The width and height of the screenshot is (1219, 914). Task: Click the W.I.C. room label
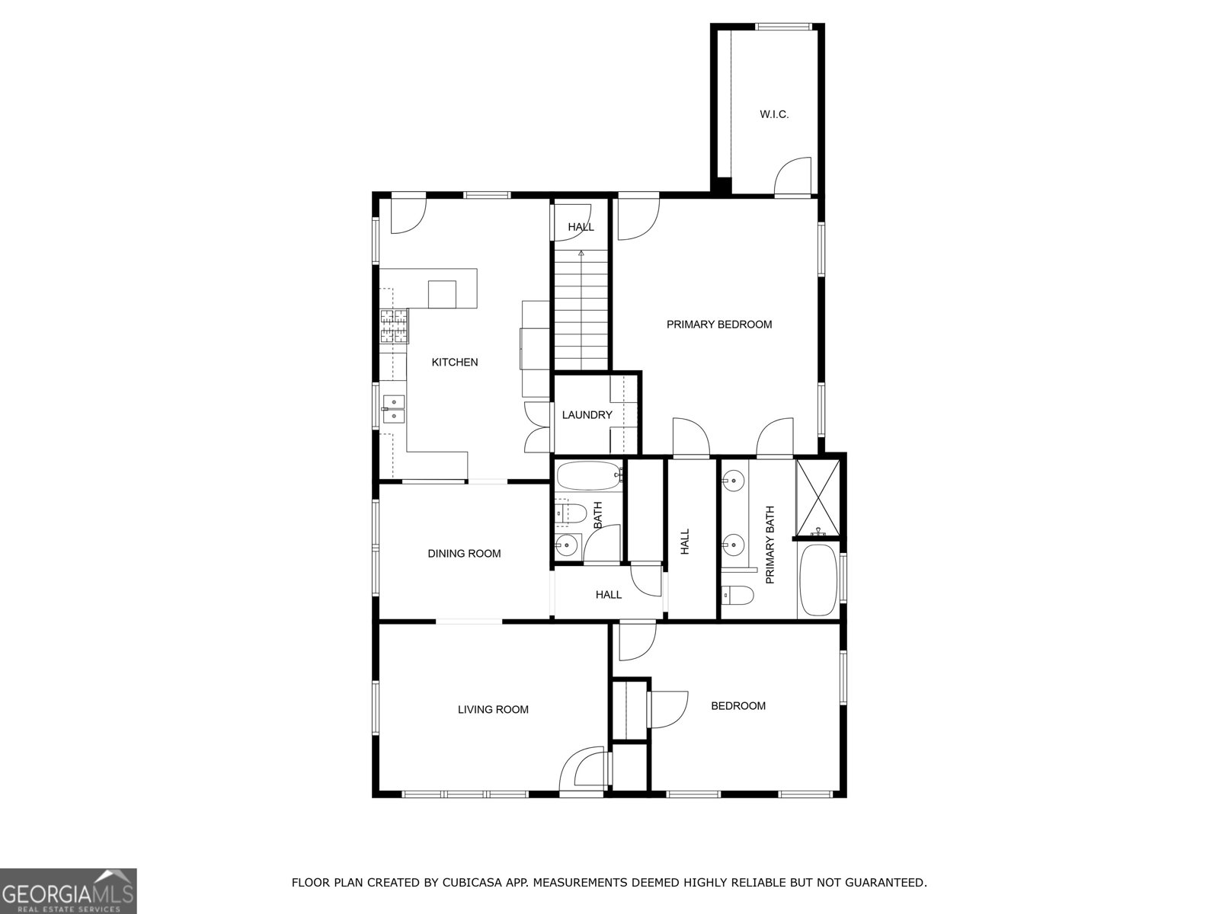[x=773, y=114]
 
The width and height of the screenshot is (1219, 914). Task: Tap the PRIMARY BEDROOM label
[x=718, y=324]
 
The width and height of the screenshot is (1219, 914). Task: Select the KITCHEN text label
[x=454, y=362]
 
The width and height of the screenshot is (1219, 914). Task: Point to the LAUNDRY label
[x=587, y=414]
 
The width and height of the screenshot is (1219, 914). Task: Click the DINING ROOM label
[x=464, y=553]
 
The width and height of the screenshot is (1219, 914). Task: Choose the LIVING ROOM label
[x=493, y=709]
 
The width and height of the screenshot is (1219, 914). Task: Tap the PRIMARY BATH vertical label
[x=769, y=545]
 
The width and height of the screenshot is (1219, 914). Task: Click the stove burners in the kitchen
[x=394, y=326]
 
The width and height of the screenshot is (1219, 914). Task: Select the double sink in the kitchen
[x=393, y=409]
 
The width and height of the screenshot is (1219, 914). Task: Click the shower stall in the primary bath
[x=818, y=498]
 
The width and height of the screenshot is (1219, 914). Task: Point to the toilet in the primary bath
[x=737, y=596]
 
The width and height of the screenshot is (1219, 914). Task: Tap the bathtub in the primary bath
[x=818, y=580]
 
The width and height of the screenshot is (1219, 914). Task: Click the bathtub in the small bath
[x=589, y=475]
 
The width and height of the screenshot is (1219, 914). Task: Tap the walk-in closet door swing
[x=792, y=176]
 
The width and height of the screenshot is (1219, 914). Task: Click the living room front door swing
[x=581, y=772]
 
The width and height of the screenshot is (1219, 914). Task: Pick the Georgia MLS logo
[x=68, y=890]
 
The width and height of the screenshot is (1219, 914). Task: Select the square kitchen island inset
[x=442, y=294]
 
